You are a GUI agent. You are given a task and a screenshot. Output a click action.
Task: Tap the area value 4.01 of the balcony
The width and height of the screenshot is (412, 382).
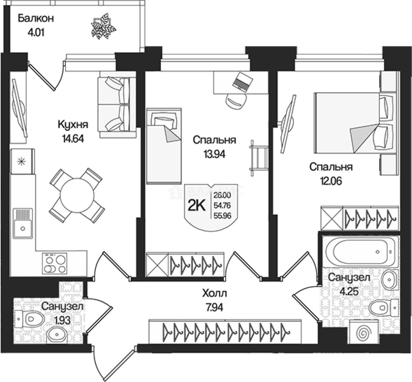point(36,34)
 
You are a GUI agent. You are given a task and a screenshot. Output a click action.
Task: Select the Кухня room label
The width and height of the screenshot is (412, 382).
point(72,125)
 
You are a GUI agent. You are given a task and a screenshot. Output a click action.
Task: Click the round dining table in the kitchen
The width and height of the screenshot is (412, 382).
point(77,195)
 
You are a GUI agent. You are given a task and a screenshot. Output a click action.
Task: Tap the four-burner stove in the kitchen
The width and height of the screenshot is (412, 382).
point(55,264)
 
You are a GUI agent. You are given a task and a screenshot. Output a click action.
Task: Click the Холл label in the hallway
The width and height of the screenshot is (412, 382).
point(214,293)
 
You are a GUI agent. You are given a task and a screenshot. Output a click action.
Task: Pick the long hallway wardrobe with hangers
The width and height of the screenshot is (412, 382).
point(226,331)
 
